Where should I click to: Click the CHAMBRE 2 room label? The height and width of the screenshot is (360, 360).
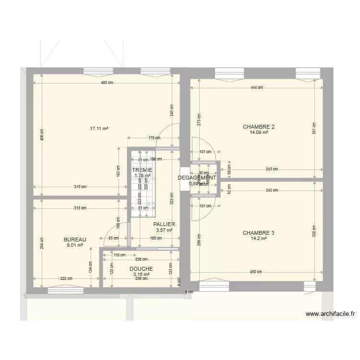[259, 127]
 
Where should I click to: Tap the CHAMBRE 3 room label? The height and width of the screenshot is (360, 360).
[258, 233]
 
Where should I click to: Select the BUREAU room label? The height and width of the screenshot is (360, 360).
[74, 239]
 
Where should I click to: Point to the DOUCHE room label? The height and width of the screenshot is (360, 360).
[141, 269]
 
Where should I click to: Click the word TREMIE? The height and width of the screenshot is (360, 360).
[142, 170]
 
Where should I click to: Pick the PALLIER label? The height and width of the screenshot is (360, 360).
[164, 224]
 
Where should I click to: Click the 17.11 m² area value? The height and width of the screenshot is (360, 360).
[99, 129]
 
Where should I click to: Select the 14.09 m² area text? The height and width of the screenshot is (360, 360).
[259, 133]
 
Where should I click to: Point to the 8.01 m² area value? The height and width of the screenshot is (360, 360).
[74, 245]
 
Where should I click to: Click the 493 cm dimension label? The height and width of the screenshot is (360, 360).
[107, 83]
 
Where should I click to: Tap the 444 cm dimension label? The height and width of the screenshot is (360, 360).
[257, 87]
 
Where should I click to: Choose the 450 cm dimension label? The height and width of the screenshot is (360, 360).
[256, 272]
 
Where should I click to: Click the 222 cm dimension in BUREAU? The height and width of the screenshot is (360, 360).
[66, 278]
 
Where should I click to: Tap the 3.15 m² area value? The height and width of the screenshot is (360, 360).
[141, 275]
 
